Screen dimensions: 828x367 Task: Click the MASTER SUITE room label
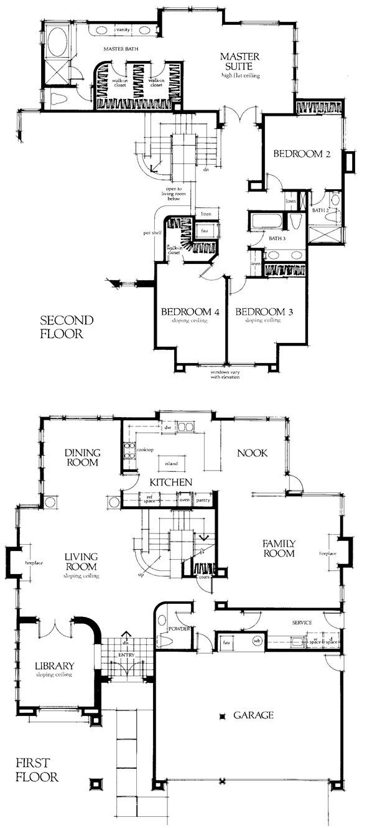(x=239, y=62)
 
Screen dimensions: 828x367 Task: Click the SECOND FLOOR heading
(x=67, y=327)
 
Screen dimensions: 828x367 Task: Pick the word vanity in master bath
(x=122, y=30)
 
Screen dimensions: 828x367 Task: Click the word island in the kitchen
(x=171, y=464)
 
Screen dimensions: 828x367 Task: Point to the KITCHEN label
(x=169, y=482)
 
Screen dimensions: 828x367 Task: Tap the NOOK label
(x=253, y=453)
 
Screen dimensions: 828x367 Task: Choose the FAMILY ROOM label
(x=278, y=548)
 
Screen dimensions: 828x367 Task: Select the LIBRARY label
(x=54, y=666)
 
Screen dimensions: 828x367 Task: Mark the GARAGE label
(x=253, y=715)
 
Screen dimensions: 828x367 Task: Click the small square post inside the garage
(x=221, y=717)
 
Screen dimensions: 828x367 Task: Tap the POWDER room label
(x=179, y=629)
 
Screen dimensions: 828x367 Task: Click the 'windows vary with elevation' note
(x=226, y=374)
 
